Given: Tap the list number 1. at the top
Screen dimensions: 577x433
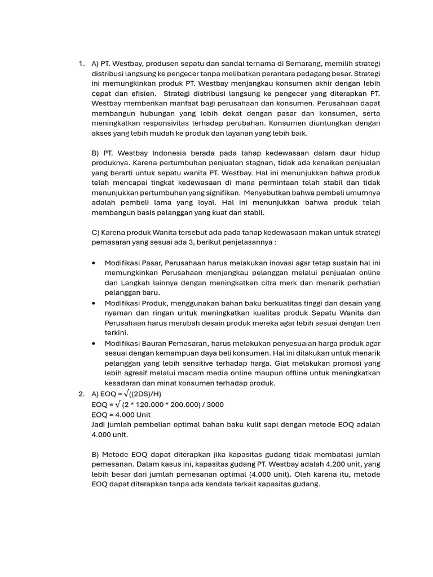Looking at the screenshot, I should tap(82, 64).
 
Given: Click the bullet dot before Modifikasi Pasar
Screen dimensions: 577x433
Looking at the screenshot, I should tap(93, 263).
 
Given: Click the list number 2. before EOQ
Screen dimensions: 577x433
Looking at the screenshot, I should tap(82, 394).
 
